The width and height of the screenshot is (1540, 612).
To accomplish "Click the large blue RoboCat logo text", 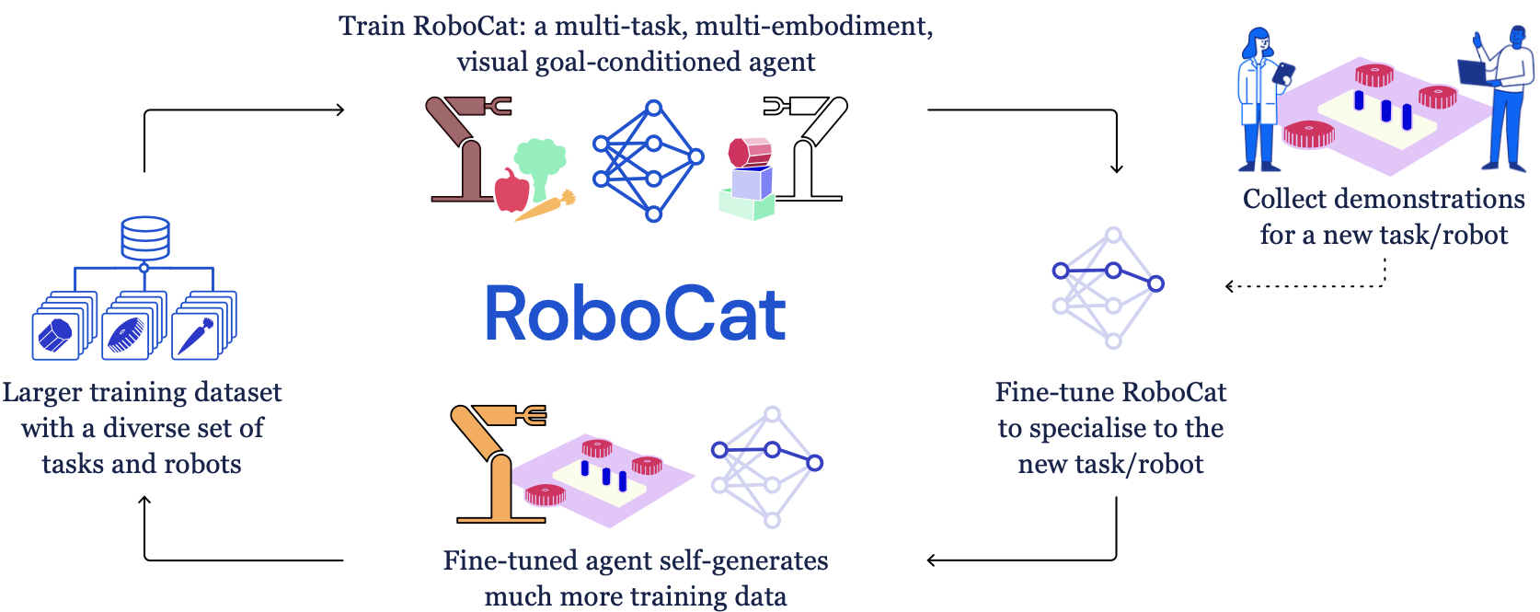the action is [x=636, y=314].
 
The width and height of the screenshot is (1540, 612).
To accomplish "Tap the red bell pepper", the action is [x=511, y=191].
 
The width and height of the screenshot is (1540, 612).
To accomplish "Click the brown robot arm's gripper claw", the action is [x=498, y=106].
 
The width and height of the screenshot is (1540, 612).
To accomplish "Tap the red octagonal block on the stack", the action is [x=750, y=153].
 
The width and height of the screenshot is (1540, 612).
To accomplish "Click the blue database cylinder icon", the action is [x=145, y=238].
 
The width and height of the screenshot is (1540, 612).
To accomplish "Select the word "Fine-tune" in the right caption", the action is [x=1042, y=393].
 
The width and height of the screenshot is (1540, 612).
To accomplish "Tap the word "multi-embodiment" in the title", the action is [x=814, y=27].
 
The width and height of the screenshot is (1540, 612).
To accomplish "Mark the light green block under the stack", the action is [x=747, y=204].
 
